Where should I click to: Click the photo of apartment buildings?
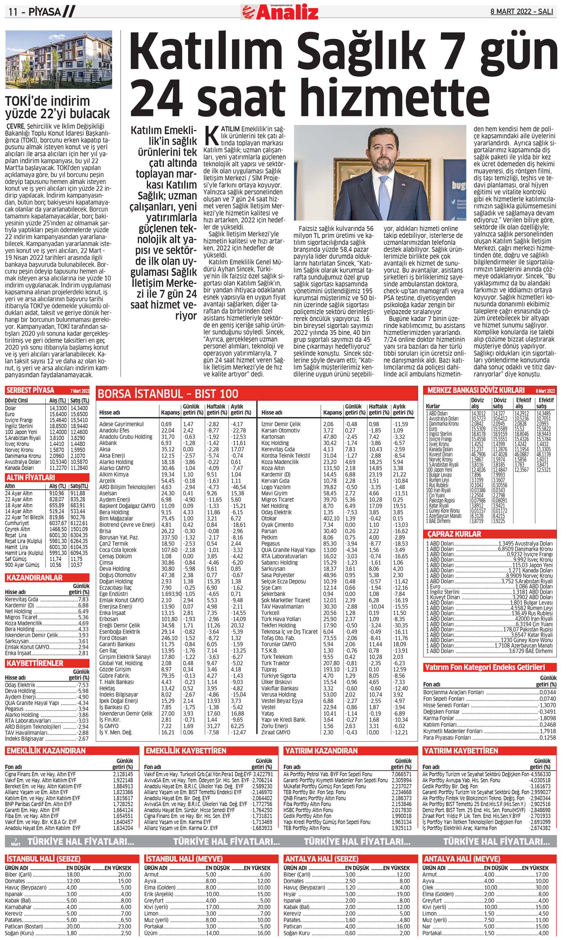[x=58, y=60]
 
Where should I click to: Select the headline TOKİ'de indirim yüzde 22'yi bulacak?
[x=57, y=107]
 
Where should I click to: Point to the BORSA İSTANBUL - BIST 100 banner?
[x=168, y=393]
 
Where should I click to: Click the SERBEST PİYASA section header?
[x=30, y=390]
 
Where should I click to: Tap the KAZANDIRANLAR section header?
[x=35, y=578]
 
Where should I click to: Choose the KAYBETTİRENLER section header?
[x=35, y=663]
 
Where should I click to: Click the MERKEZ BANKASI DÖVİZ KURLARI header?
[x=476, y=390]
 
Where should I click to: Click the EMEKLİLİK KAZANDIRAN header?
[x=46, y=751]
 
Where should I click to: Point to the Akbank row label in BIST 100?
[x=108, y=443]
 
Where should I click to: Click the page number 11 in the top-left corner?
[x=13, y=12]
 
